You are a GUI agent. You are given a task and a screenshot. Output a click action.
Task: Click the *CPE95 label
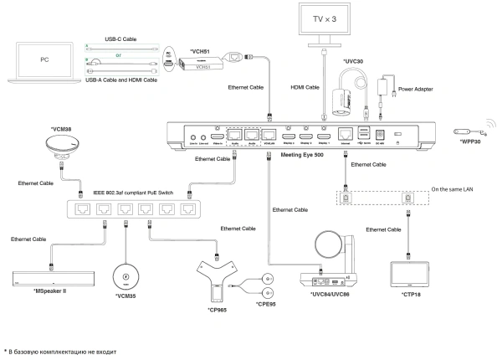269,316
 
